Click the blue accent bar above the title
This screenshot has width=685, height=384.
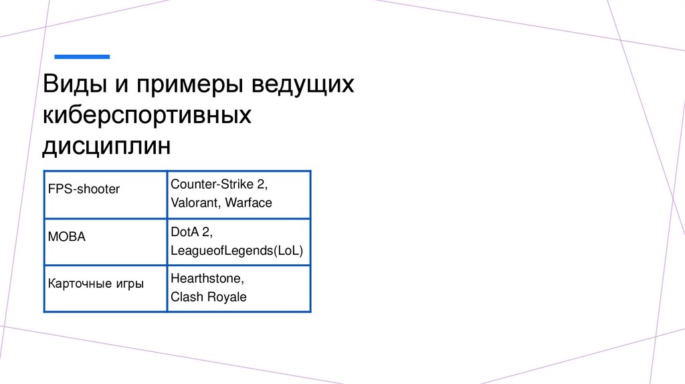(x=82, y=57)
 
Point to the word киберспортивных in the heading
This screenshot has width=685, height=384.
(x=147, y=115)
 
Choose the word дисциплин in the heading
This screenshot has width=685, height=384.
(x=107, y=145)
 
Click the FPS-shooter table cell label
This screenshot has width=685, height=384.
(x=84, y=189)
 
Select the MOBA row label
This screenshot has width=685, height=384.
(x=67, y=237)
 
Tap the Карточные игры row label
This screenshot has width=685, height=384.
(x=96, y=284)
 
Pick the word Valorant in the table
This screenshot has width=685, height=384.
(x=195, y=202)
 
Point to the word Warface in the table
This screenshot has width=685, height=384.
(x=249, y=202)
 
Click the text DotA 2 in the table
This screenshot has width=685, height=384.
(x=191, y=231)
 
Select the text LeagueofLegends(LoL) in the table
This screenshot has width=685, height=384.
(x=237, y=251)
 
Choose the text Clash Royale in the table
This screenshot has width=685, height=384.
(x=209, y=297)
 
